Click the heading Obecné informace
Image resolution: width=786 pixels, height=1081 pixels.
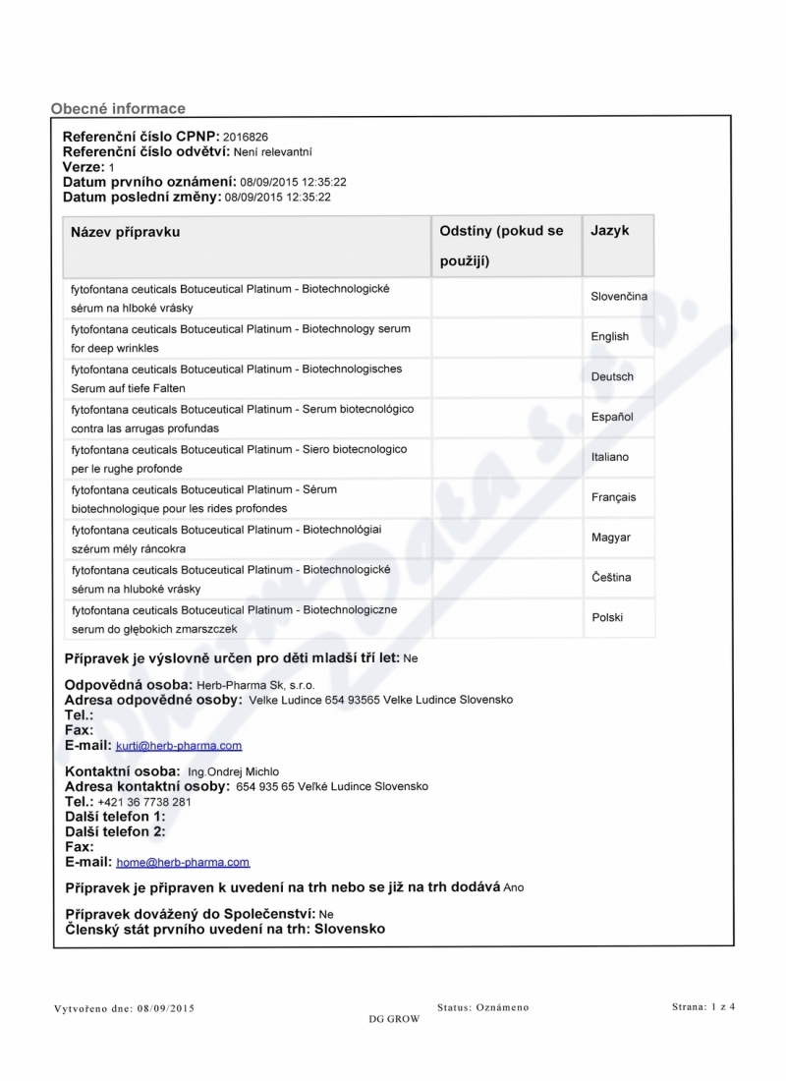click(x=118, y=108)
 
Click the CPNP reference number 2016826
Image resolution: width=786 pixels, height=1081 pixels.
click(x=246, y=137)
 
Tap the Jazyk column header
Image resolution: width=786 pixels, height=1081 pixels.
click(x=610, y=231)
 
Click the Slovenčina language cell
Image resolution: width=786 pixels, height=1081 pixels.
click(x=619, y=296)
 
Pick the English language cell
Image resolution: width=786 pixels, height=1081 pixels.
click(x=610, y=336)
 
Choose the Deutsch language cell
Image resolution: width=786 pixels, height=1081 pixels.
click(x=612, y=376)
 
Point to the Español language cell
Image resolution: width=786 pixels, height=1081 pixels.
click(x=612, y=417)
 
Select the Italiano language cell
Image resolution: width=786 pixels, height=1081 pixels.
click(x=610, y=457)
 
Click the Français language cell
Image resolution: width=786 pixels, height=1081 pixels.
click(x=613, y=497)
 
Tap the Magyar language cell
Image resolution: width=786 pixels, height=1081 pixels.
click(x=611, y=538)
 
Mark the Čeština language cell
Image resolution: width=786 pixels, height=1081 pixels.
click(x=611, y=577)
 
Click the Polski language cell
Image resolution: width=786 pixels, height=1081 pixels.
click(x=607, y=617)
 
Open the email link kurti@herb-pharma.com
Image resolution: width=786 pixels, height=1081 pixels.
click(x=179, y=746)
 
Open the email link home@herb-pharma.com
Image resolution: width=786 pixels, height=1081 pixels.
click(x=183, y=862)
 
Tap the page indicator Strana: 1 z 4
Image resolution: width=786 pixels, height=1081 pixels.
click(x=703, y=1006)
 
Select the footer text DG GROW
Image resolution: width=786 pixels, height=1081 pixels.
click(x=394, y=1019)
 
